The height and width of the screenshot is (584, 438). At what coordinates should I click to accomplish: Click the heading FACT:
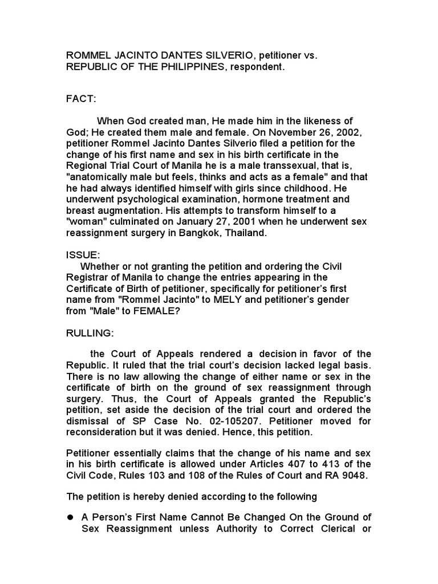[x=82, y=99]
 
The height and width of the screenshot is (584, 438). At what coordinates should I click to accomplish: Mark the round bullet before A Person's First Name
[x=71, y=517]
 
